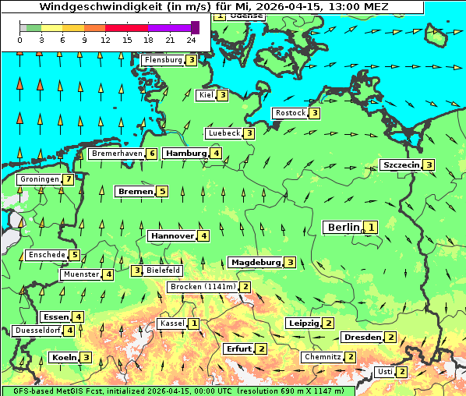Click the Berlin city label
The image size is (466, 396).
click(343, 227)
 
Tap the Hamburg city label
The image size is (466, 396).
click(185, 154)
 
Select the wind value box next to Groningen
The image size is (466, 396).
click(69, 179)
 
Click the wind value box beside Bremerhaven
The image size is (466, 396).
click(152, 154)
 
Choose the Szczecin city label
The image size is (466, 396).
click(401, 164)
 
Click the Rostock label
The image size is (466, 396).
click(290, 113)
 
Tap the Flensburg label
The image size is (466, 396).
click(163, 60)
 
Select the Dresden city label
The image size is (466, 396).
click(362, 337)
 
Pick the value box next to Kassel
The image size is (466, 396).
click(193, 324)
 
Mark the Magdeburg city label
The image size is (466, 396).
click(255, 262)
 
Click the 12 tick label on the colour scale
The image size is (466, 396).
click(105, 39)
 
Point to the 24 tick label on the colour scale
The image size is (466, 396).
click(191, 39)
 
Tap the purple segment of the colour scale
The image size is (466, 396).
click(169, 27)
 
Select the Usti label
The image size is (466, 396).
click(384, 372)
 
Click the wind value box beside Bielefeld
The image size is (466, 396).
click(137, 270)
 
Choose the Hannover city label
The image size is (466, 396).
click(171, 235)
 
